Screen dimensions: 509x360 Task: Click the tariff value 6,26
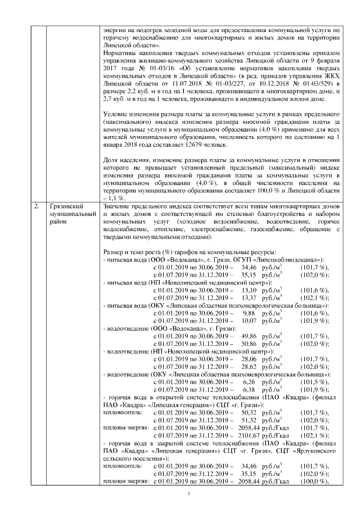click(250, 381)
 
